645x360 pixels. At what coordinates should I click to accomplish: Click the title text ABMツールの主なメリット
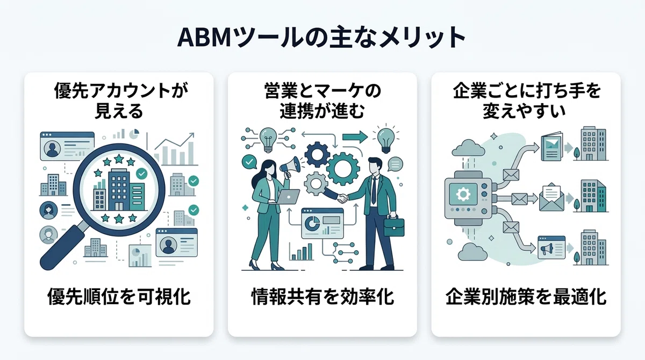322,38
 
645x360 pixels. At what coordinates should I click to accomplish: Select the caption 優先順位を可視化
119,297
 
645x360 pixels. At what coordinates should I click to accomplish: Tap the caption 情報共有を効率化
322,297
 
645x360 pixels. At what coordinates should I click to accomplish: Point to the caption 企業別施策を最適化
526,297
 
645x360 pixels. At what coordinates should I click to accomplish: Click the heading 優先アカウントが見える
119,100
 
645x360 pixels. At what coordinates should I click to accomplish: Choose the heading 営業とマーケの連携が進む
322,100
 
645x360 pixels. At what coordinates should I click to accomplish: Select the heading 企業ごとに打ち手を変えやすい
526,100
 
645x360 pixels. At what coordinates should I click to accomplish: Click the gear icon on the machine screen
462,193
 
